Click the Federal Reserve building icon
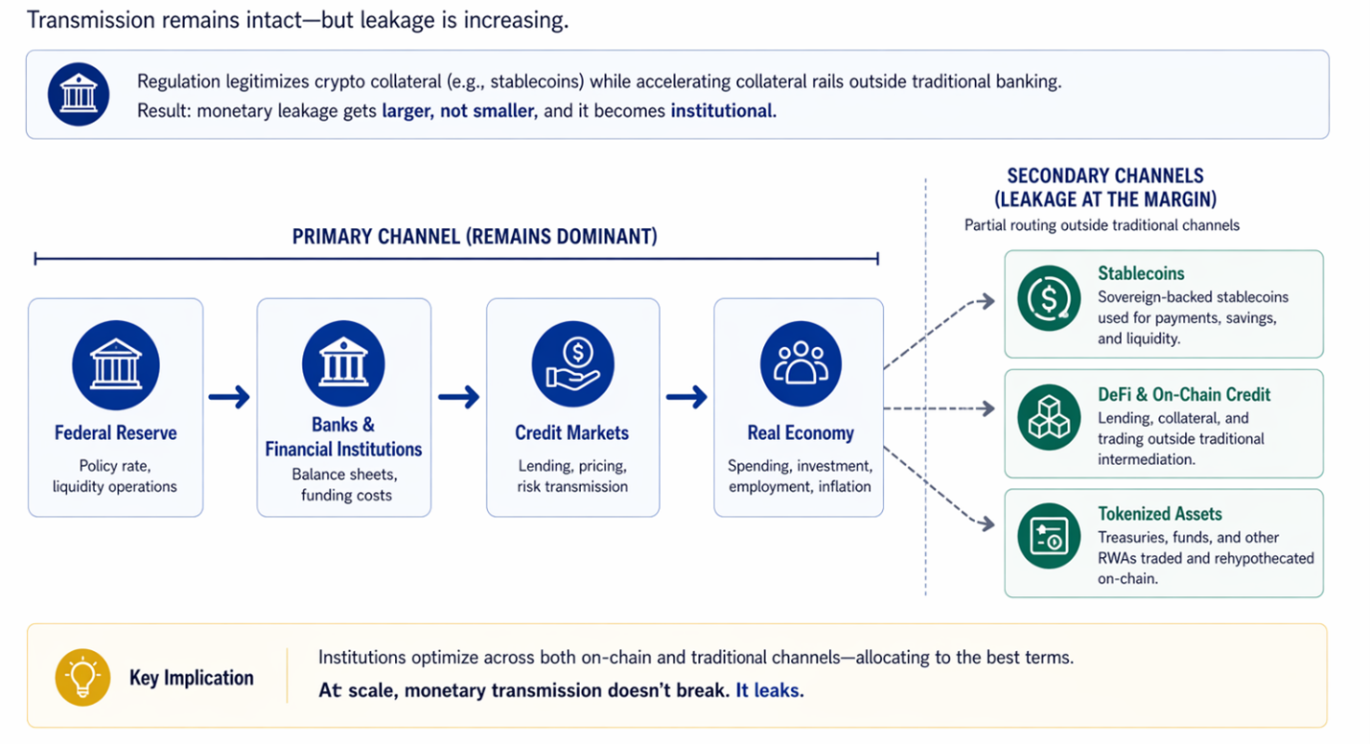(115, 365)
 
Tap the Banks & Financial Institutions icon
(343, 365)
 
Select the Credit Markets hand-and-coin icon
(572, 365)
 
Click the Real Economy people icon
(801, 365)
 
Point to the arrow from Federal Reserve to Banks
(229, 396)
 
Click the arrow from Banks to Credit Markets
(458, 396)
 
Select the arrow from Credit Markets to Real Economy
(686, 396)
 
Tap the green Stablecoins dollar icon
(1049, 298)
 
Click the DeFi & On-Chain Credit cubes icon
(1049, 418)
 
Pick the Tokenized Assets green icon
(1049, 537)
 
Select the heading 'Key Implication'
(192, 678)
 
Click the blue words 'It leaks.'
(769, 690)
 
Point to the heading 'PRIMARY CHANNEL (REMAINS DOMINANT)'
(475, 237)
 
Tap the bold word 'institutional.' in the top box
(723, 111)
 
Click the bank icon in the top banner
(79, 95)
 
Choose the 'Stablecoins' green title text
(1141, 273)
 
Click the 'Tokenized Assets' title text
(1159, 514)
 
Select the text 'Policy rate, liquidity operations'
(115, 476)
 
